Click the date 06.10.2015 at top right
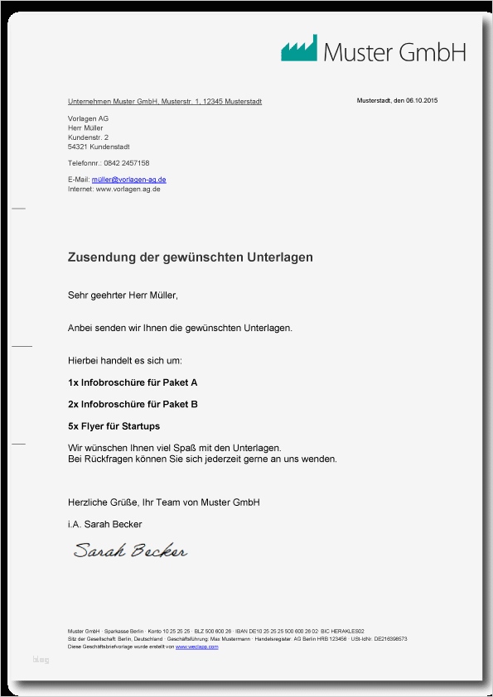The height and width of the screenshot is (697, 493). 421,101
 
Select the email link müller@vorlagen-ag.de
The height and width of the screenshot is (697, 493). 128,180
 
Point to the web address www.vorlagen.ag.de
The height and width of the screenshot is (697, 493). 128,189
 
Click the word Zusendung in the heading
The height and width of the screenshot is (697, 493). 101,258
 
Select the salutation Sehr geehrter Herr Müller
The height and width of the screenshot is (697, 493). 123,296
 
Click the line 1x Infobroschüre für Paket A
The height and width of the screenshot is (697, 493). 133,383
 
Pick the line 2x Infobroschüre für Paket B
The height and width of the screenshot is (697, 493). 133,405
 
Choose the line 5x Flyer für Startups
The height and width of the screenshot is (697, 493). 114,426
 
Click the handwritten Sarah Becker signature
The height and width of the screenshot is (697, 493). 130,550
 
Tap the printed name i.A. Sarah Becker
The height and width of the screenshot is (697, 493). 104,524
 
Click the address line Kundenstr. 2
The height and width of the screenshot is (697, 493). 88,137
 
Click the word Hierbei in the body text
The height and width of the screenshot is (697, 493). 83,361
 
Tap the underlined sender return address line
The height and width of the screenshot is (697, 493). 165,101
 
